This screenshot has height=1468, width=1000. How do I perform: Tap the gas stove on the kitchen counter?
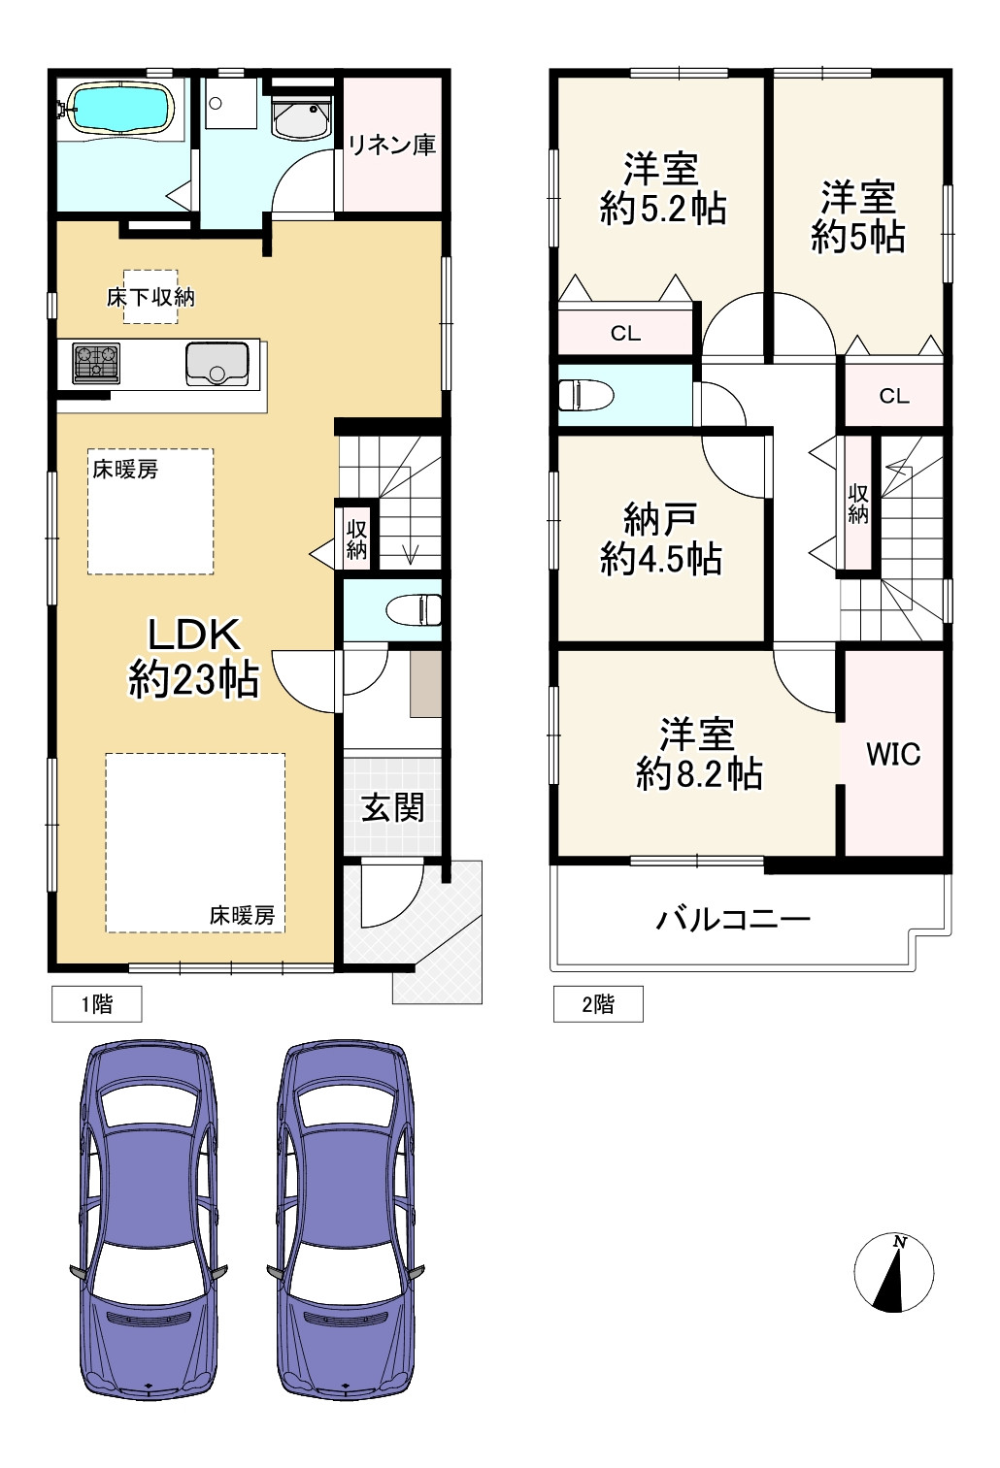pyautogui.click(x=96, y=363)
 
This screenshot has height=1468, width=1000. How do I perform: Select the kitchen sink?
pyautogui.click(x=217, y=363)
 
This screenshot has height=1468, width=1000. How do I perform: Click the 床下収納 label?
pyautogui.click(x=150, y=298)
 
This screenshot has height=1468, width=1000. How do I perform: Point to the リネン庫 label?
pyautogui.click(x=391, y=145)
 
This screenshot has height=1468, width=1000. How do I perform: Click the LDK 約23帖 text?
pyautogui.click(x=193, y=657)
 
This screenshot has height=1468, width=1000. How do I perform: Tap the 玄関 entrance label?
pyautogui.click(x=393, y=807)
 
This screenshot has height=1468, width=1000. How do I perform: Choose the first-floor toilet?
pyautogui.click(x=414, y=610)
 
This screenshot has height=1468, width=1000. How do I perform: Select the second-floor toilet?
pyautogui.click(x=585, y=395)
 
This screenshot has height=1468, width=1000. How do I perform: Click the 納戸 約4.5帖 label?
pyautogui.click(x=661, y=538)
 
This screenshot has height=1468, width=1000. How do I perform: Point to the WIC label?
pyautogui.click(x=893, y=754)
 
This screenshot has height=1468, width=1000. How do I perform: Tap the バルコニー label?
pyautogui.click(x=733, y=920)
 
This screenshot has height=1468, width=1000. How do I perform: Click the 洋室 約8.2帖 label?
pyautogui.click(x=698, y=754)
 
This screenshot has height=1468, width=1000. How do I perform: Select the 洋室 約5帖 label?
pyautogui.click(x=858, y=217)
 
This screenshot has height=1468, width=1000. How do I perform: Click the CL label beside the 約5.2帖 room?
pyautogui.click(x=625, y=334)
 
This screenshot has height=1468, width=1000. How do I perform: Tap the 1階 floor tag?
pyautogui.click(x=97, y=1004)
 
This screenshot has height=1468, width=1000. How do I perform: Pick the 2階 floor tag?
pyautogui.click(x=598, y=1004)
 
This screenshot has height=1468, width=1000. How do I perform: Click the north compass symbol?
pyautogui.click(x=894, y=1273)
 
